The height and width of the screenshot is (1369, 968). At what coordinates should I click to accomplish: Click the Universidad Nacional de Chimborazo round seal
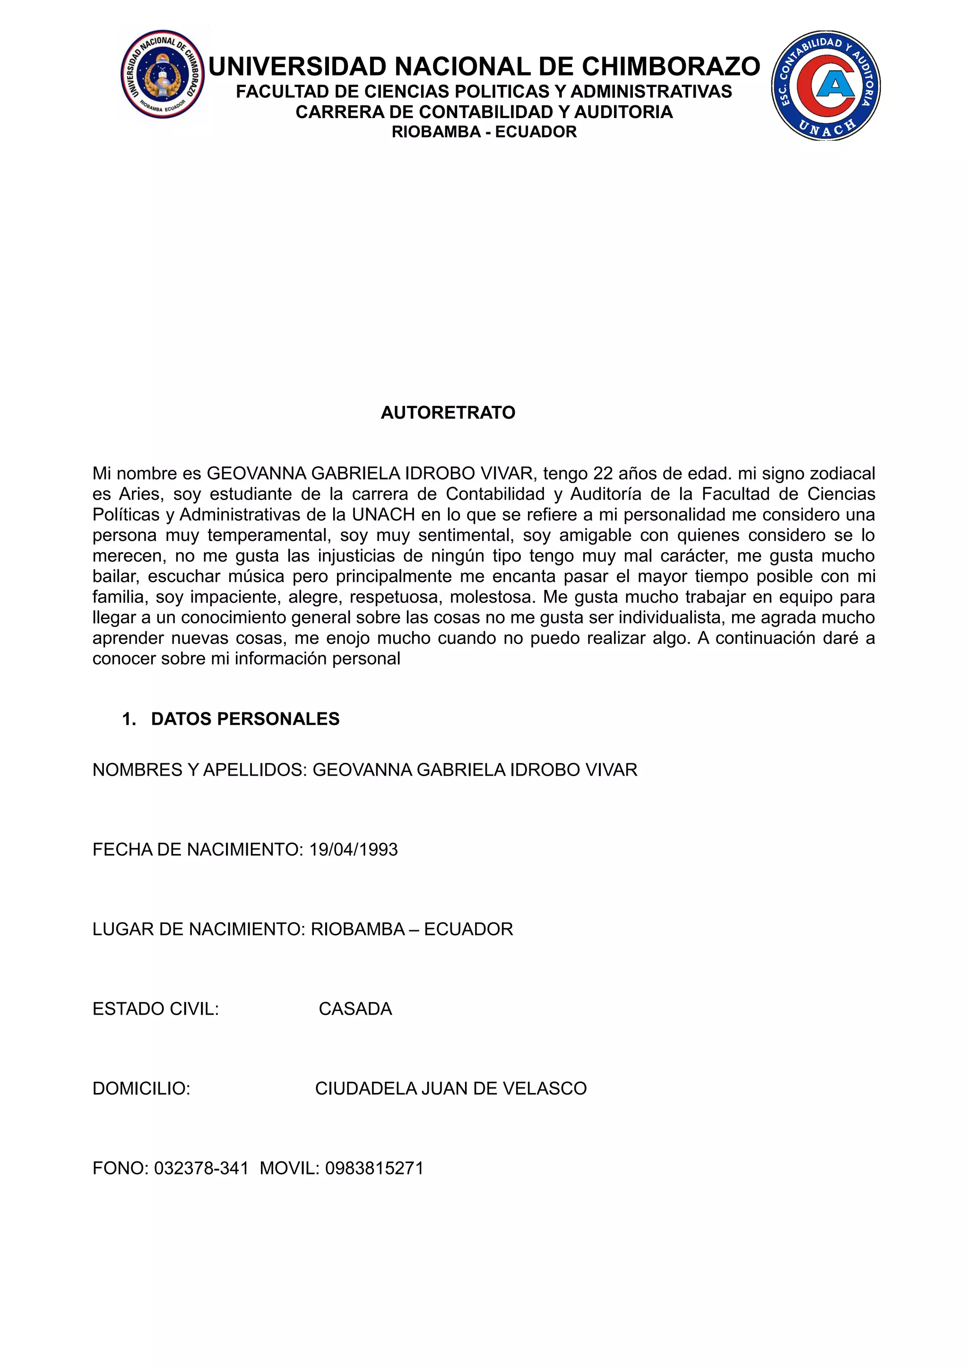coord(162,75)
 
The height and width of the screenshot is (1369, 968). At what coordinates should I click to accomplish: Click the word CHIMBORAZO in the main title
coord(671,67)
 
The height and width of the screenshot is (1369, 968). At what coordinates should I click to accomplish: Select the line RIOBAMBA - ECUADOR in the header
coord(484,132)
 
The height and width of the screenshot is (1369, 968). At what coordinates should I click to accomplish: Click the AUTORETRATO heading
coord(448,412)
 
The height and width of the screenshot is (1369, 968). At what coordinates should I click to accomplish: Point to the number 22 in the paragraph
coord(602,473)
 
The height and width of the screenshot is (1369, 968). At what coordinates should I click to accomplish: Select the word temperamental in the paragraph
coord(269,535)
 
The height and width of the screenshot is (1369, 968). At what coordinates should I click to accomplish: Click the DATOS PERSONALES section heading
coord(245,719)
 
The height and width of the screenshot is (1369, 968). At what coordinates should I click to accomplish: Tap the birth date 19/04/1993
coord(353,850)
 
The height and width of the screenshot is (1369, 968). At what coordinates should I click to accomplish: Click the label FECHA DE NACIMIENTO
coord(197,850)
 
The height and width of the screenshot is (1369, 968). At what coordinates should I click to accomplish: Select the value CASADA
coord(355,1009)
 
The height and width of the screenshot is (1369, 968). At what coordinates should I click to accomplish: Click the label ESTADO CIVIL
coord(156,1009)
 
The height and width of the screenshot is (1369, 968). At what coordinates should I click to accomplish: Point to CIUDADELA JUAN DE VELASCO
coord(450,1088)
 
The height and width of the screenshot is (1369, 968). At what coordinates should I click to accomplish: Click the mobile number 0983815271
coord(374,1168)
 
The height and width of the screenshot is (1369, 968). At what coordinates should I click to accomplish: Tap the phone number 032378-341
coord(201,1168)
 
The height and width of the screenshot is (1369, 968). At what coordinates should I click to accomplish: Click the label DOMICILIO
coord(141,1088)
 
